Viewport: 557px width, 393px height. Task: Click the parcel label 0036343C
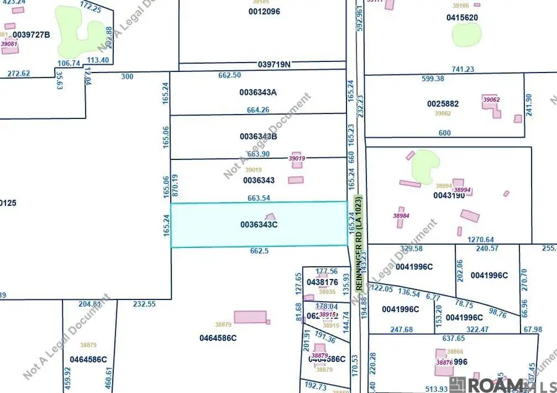tap(257, 225)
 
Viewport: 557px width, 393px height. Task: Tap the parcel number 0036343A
tap(257, 92)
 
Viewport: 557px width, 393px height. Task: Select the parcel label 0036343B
tap(257, 136)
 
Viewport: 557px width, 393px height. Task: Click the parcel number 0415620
tap(462, 17)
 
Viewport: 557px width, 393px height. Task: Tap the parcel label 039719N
tap(274, 64)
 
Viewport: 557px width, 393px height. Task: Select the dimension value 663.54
tap(257, 198)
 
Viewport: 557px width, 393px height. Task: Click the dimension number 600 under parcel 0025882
tap(444, 133)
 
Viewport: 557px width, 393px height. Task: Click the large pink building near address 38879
tap(250, 317)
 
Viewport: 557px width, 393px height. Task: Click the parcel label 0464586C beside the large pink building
tap(218, 338)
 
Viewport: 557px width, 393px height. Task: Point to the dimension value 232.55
tap(145, 304)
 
